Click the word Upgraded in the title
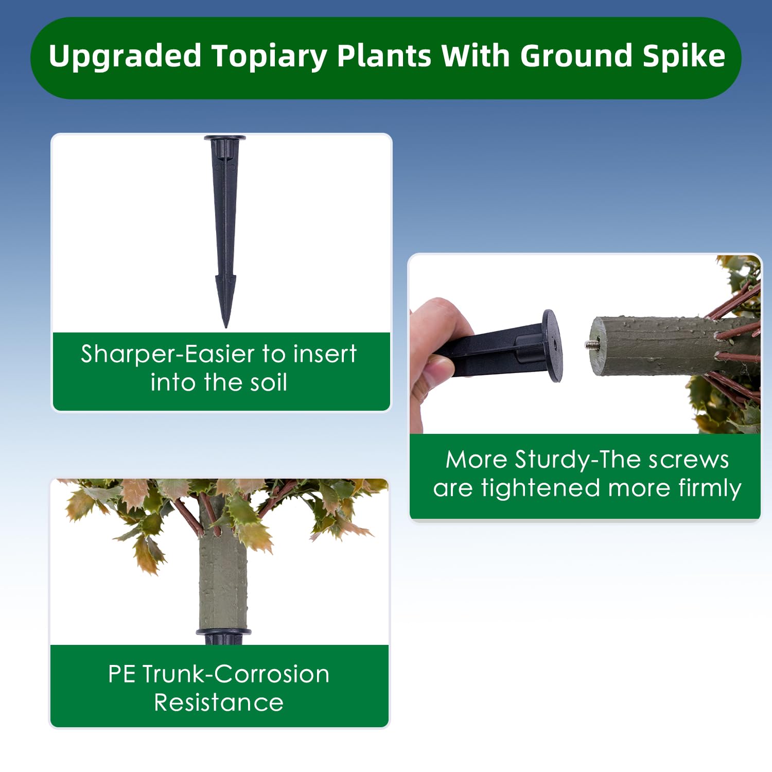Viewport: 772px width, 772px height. click(125, 57)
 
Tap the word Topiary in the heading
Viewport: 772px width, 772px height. click(270, 57)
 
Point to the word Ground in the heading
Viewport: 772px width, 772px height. click(576, 56)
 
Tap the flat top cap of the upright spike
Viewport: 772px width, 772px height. click(225, 138)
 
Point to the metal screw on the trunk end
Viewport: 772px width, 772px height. click(589, 344)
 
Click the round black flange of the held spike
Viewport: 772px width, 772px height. click(552, 345)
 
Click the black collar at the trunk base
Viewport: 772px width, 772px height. click(224, 632)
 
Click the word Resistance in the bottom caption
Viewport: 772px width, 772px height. click(219, 703)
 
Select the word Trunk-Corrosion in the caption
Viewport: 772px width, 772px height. click(236, 674)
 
